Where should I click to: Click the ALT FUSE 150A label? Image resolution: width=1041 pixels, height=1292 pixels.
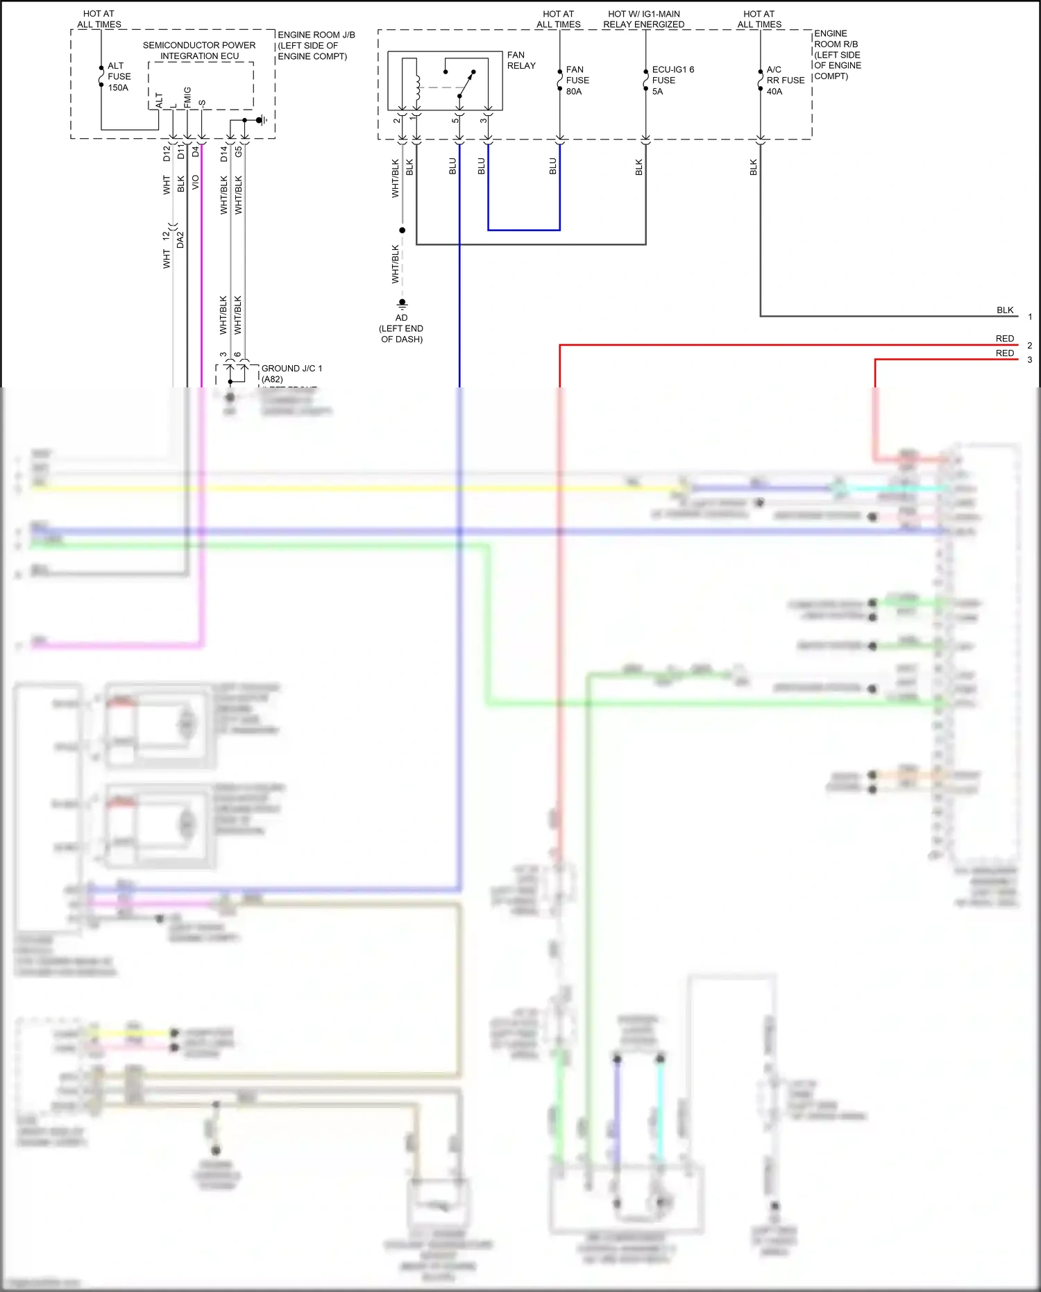119,76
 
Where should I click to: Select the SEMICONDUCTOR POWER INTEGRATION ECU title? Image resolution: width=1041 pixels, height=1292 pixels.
199,51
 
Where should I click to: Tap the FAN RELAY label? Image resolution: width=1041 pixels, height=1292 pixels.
521,60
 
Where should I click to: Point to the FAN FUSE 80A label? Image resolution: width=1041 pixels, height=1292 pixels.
577,81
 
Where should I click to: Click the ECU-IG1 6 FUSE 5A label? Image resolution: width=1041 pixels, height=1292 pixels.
672,81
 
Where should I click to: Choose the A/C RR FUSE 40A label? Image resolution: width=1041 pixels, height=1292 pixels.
785,81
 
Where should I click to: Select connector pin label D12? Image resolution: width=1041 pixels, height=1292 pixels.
167,153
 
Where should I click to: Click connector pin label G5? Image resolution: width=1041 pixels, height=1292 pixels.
239,151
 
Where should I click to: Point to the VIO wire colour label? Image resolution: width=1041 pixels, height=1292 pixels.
196,183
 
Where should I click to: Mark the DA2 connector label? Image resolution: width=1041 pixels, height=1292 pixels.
180,240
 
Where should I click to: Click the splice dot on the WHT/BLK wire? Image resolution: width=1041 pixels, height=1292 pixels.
402,230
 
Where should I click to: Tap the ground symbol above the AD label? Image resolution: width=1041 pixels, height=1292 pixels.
402,303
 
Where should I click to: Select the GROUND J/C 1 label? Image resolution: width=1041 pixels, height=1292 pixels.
291,369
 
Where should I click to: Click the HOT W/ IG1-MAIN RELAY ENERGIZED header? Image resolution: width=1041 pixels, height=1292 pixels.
643,19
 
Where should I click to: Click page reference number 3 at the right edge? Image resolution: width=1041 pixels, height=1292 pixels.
1030,360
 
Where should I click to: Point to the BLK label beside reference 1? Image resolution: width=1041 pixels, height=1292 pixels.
1005,310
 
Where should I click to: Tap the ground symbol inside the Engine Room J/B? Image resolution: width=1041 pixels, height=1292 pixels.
262,120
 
